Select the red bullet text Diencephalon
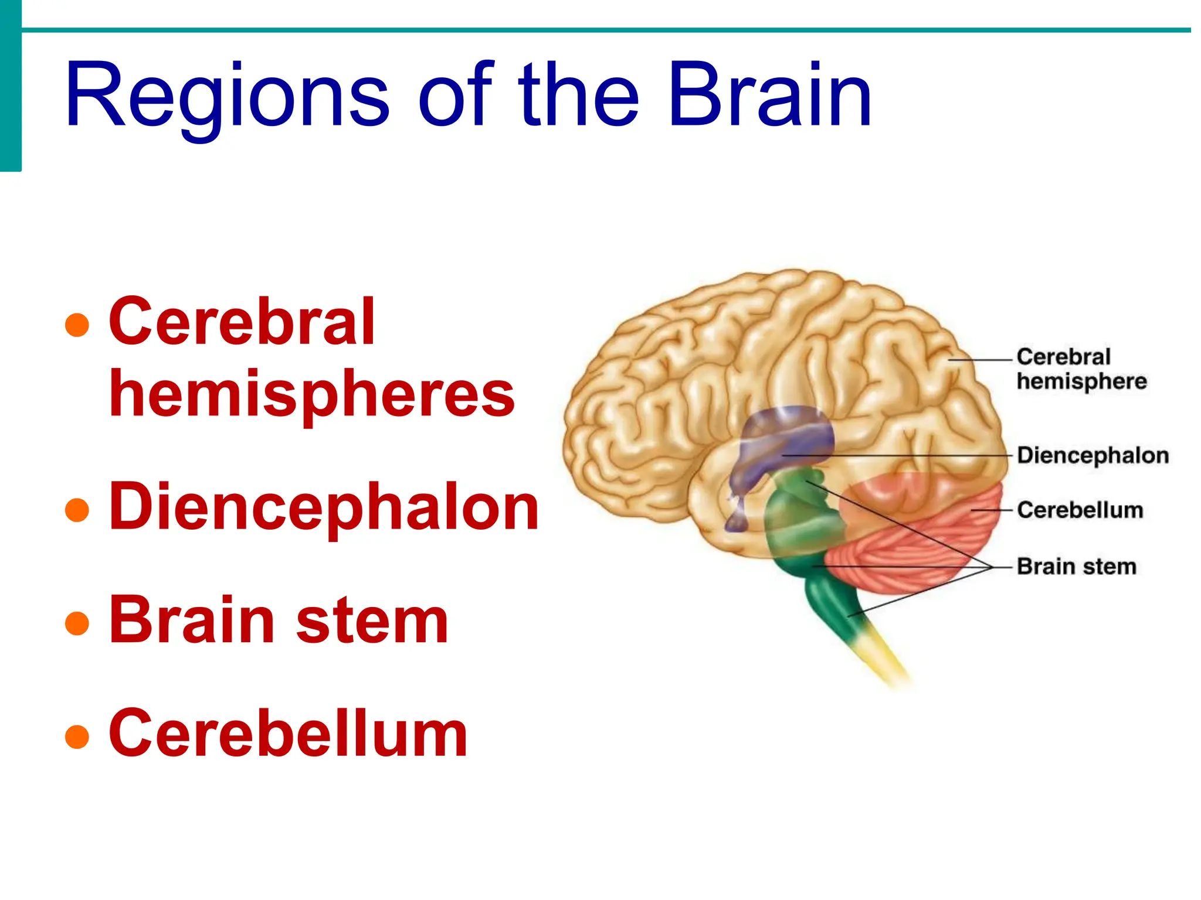point(324,507)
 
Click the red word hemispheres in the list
point(312,394)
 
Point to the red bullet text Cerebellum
point(289,733)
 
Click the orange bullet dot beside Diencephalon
point(77,510)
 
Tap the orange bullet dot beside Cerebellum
point(77,737)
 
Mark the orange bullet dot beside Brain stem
point(77,623)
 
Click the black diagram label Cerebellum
point(1080,510)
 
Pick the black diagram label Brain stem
point(1077,567)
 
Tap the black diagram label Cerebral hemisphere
point(1081,369)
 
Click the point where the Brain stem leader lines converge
point(991,567)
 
